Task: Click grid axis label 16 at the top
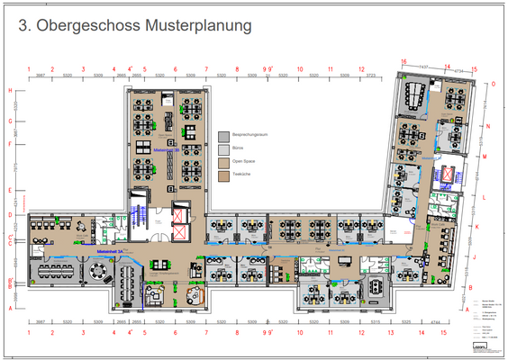coord(404,60)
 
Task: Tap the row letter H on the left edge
coord(10,91)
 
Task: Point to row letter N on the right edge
coord(486,127)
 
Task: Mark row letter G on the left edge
coord(10,121)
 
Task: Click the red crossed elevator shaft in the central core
coord(179,217)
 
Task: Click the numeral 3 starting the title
coord(24,28)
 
